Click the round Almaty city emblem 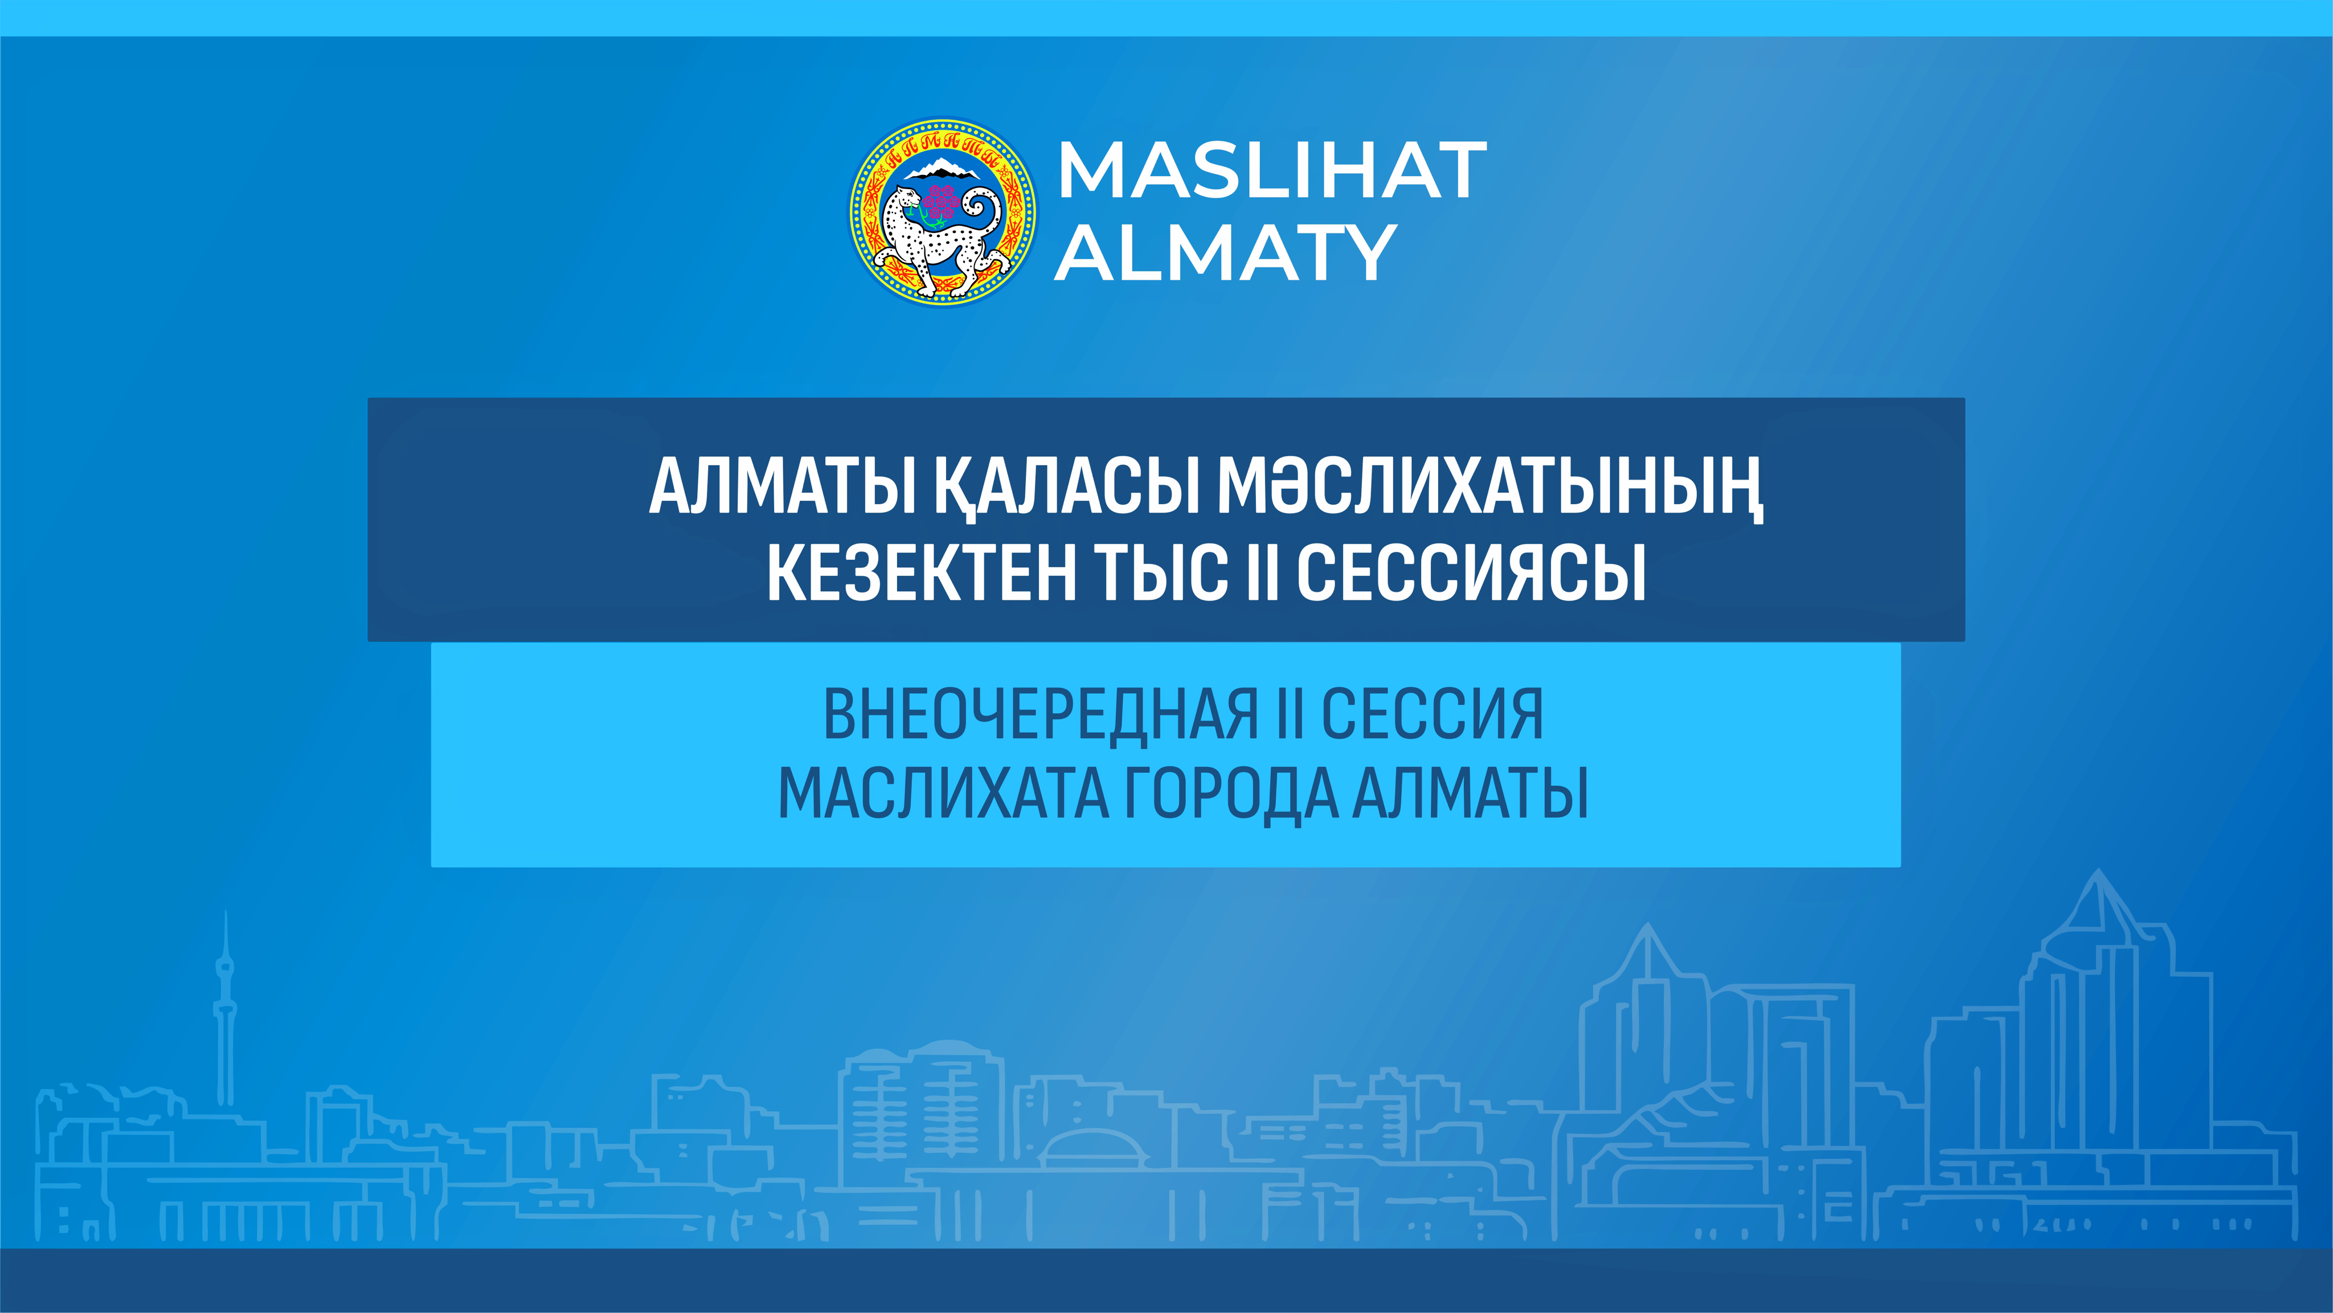[942, 211]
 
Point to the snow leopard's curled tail [983, 218]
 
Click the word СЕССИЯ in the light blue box [1432, 714]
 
